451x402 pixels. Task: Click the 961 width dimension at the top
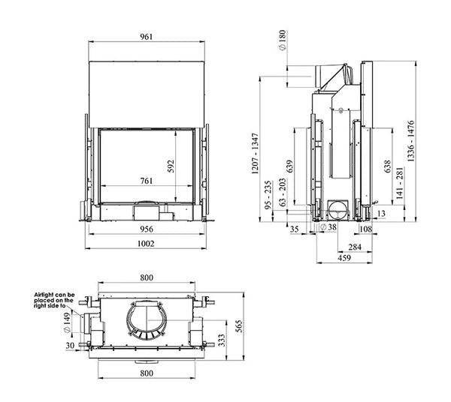[147, 37]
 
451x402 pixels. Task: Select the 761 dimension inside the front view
[147, 181]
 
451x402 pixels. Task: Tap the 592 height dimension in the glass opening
[171, 166]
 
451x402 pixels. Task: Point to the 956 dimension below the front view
[147, 229]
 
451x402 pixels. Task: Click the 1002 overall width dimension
[146, 244]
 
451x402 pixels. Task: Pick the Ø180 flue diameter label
[283, 40]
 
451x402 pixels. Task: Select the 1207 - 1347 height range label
[255, 154]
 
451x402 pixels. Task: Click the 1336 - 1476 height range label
[411, 141]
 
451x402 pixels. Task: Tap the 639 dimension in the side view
[289, 166]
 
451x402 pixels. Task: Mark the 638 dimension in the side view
[387, 166]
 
